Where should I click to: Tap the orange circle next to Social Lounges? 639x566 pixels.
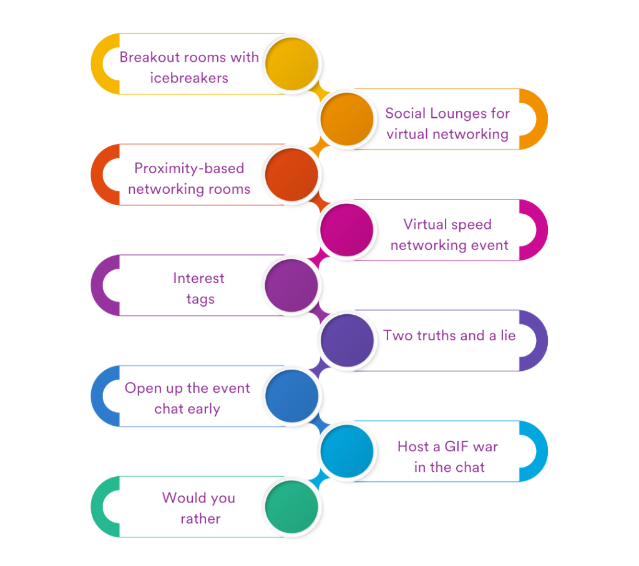pyautogui.click(x=348, y=118)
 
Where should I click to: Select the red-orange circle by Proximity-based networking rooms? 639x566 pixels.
pyautogui.click(x=291, y=174)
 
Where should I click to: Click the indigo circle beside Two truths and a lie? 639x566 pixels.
pyautogui.click(x=348, y=340)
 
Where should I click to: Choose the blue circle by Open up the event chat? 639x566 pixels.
pyautogui.click(x=291, y=396)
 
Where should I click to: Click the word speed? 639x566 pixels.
pyautogui.click(x=471, y=224)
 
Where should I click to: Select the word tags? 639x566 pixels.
pyautogui.click(x=200, y=299)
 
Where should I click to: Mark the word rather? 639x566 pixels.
pyautogui.click(x=200, y=519)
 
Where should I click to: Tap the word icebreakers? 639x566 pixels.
pyautogui.click(x=189, y=79)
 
